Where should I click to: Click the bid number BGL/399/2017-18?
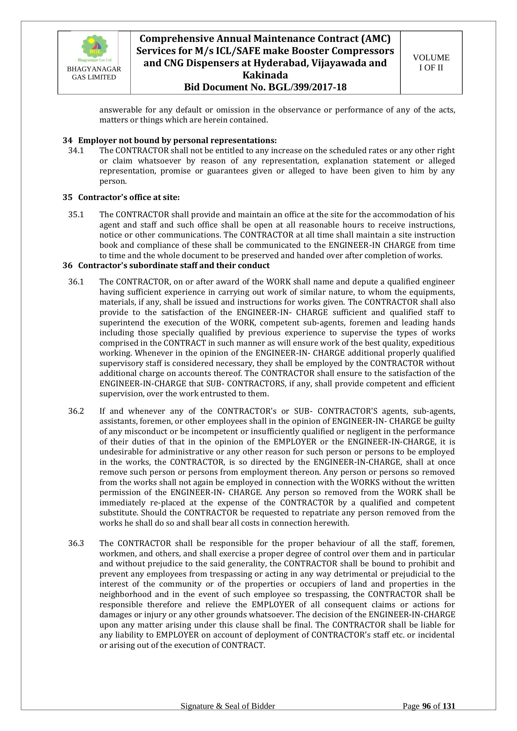[x=307, y=87]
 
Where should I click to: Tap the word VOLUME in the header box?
[x=431, y=58]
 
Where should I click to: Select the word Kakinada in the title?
[x=265, y=75]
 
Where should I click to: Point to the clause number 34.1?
[x=76, y=151]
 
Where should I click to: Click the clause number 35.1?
[x=76, y=215]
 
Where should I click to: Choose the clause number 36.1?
[x=76, y=282]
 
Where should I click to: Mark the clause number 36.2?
[x=76, y=411]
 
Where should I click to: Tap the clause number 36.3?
[x=76, y=543]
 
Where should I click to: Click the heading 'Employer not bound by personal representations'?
[x=177, y=140]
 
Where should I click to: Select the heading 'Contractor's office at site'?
[x=129, y=198]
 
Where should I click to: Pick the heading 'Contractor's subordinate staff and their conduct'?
[x=174, y=265]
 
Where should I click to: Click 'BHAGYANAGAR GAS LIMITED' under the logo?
[x=94, y=73]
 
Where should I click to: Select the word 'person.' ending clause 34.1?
[x=113, y=182]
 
